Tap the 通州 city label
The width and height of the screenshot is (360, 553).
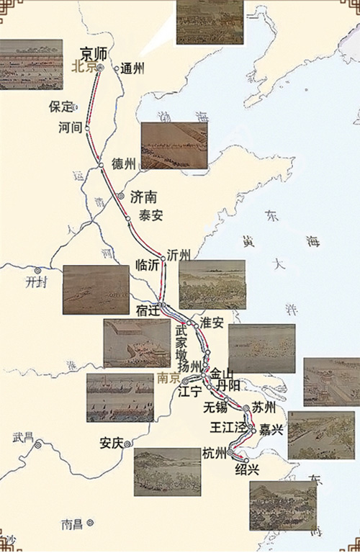[133, 69]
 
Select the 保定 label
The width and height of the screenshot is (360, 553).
[60, 107]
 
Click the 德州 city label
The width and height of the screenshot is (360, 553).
[124, 164]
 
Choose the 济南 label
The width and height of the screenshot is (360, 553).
[147, 195]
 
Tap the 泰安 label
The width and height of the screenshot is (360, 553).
[151, 214]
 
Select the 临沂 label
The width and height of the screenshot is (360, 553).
[148, 265]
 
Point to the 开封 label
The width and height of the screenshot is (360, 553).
[35, 282]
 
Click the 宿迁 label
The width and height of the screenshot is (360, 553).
[146, 310]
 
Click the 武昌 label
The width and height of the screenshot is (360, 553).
[24, 436]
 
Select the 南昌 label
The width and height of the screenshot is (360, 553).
[73, 523]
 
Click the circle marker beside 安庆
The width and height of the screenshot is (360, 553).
[128, 444]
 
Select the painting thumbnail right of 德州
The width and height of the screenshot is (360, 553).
[174, 146]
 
